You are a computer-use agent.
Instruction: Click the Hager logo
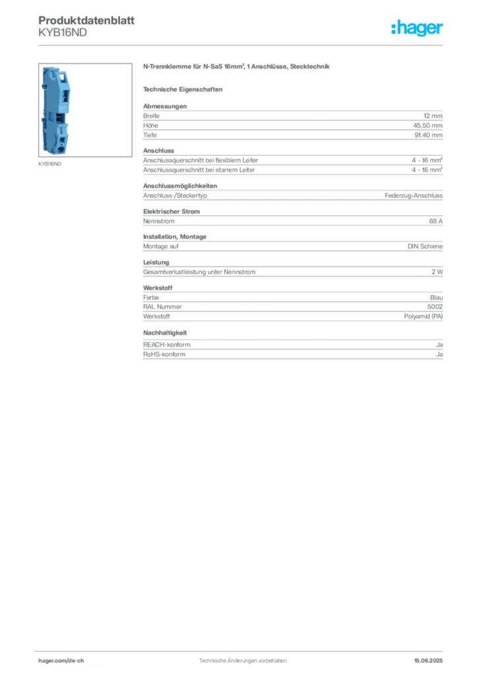[x=417, y=28]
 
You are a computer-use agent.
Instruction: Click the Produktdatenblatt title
[x=86, y=20]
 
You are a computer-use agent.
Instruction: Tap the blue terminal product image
[x=57, y=110]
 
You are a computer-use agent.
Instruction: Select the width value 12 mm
[x=433, y=116]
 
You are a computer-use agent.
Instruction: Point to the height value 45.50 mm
[x=428, y=126]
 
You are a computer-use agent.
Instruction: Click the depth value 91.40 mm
[x=428, y=135]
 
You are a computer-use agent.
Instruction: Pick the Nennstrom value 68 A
[x=435, y=221]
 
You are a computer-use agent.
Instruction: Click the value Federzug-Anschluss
[x=414, y=195]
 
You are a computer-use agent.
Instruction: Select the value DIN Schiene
[x=425, y=246]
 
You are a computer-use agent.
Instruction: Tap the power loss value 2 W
[x=437, y=272]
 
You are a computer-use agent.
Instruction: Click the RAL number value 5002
[x=435, y=307]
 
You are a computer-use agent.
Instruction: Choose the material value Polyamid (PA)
[x=423, y=317]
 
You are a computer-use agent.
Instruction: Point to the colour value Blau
[x=436, y=298]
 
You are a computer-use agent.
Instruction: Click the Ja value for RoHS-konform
[x=439, y=355]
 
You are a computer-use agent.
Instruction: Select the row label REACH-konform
[x=167, y=345]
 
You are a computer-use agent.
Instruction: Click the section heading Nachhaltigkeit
[x=165, y=332]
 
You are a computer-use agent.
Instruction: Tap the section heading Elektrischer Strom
[x=171, y=211]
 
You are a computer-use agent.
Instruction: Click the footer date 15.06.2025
[x=428, y=661]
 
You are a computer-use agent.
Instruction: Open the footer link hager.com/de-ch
[x=61, y=661]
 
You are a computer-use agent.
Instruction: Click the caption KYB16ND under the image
[x=50, y=164]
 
